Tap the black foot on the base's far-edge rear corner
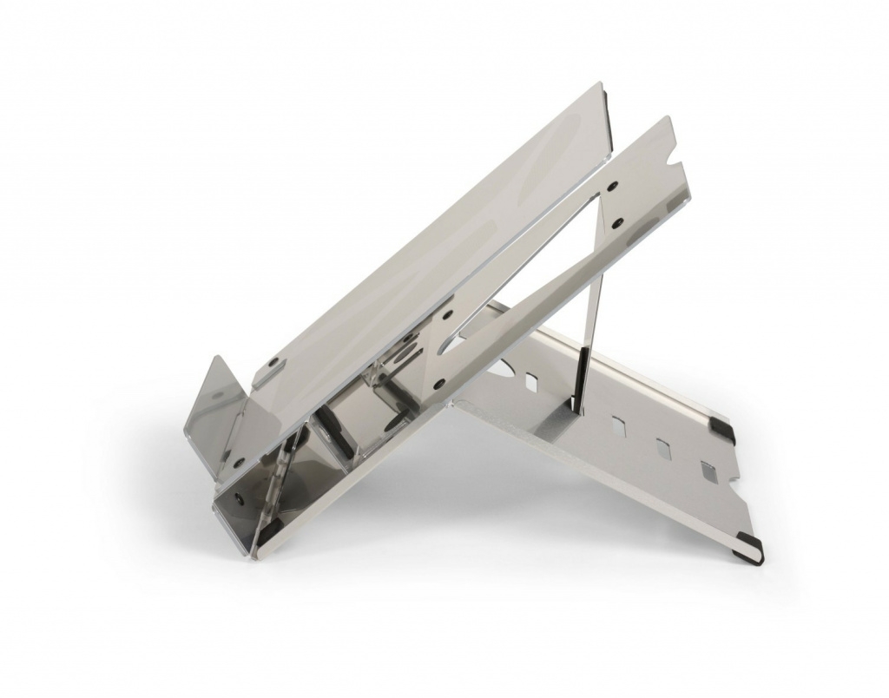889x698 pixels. click(721, 430)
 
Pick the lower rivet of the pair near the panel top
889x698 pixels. click(617, 223)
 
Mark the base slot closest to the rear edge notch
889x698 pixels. click(708, 471)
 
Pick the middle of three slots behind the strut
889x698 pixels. click(663, 449)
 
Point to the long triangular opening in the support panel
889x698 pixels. click(538, 260)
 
